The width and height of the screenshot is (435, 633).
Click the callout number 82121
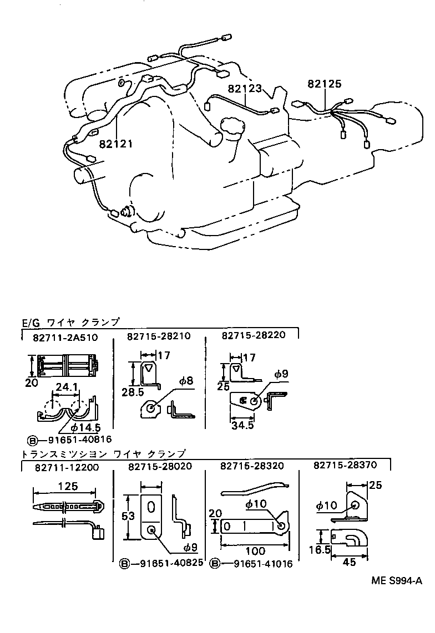[117, 144]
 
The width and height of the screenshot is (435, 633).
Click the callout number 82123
[244, 88]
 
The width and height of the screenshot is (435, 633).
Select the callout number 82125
[325, 84]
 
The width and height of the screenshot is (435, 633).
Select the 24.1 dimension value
[65, 389]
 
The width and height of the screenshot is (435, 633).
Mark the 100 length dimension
[255, 551]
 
